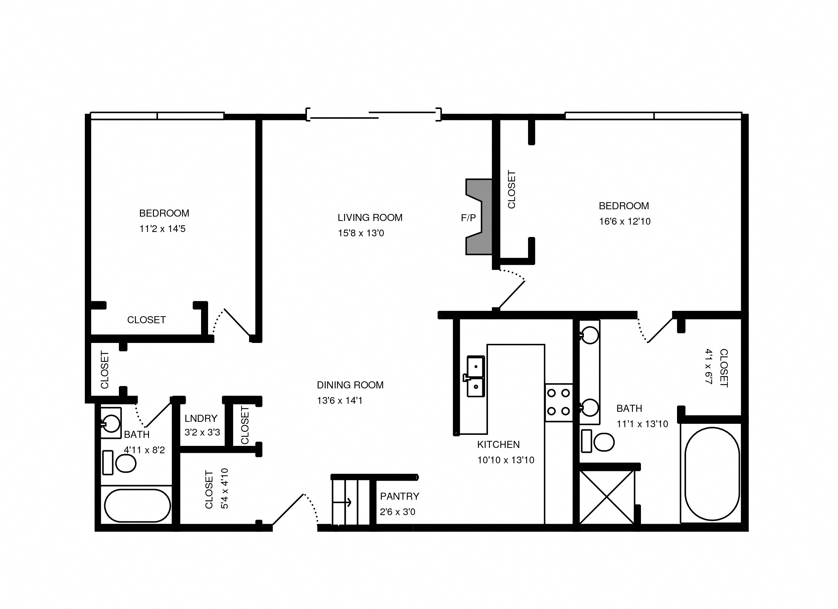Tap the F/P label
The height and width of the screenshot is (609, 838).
pyautogui.click(x=468, y=218)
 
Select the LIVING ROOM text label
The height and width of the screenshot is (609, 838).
pyautogui.click(x=370, y=217)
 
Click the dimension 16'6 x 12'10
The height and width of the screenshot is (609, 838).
pyautogui.click(x=625, y=222)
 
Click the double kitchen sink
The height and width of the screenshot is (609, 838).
pyautogui.click(x=476, y=376)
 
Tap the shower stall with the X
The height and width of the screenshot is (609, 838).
pyautogui.click(x=606, y=497)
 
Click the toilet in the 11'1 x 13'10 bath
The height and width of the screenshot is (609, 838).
pyautogui.click(x=603, y=442)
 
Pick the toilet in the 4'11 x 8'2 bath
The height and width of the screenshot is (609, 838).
pyautogui.click(x=125, y=463)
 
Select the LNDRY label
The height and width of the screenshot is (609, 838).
pyautogui.click(x=201, y=418)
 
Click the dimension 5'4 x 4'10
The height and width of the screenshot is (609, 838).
pyautogui.click(x=224, y=488)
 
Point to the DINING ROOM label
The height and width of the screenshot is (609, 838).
pyautogui.click(x=350, y=385)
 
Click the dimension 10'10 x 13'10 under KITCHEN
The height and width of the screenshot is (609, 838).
pyautogui.click(x=505, y=460)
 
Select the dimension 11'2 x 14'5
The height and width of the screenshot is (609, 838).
pyautogui.click(x=162, y=229)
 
